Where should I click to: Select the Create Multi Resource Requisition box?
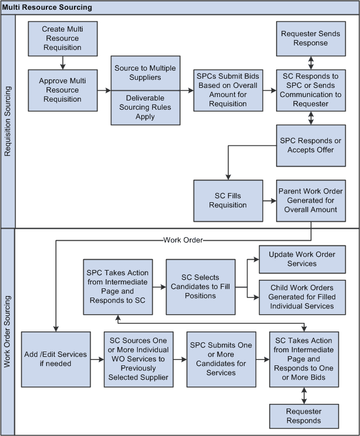(x=63, y=38)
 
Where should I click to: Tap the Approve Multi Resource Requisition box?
(x=63, y=90)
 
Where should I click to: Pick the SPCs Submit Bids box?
(x=228, y=90)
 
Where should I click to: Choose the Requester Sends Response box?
(x=311, y=38)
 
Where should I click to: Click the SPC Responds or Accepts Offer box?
(x=311, y=145)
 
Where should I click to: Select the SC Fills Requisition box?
(x=228, y=200)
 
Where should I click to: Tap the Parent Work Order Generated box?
(x=311, y=200)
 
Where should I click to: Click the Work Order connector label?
(x=183, y=240)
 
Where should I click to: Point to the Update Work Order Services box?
(x=302, y=259)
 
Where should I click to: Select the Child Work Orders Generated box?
(x=302, y=297)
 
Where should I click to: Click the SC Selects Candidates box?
(x=200, y=287)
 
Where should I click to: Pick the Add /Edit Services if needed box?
(x=56, y=359)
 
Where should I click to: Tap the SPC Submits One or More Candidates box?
(x=221, y=359)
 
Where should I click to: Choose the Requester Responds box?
(x=304, y=416)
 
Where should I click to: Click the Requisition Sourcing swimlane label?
(x=7, y=122)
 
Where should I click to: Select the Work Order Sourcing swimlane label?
(x=7, y=331)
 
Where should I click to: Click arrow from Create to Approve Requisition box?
(x=63, y=62)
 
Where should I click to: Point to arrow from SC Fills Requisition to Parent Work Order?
(x=269, y=200)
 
